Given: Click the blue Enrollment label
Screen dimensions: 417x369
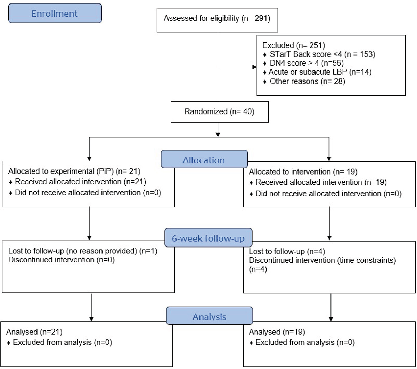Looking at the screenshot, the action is pos(55,13).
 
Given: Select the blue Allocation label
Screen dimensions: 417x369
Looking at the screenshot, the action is pos(204,159).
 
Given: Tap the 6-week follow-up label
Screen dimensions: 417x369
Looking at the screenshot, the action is pos(208,238).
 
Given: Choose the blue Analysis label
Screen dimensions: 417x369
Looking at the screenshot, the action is pos(209,316).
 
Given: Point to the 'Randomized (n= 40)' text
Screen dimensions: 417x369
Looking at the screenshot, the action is pos(219,112).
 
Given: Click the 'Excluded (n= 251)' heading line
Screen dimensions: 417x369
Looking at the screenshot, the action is pos(294,45).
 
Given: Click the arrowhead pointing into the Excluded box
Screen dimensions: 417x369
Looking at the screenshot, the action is pos(255,67).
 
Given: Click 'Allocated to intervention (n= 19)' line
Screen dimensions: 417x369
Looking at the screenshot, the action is pos(303,172).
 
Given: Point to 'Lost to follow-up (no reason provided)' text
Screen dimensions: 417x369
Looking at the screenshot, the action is pos(73,251).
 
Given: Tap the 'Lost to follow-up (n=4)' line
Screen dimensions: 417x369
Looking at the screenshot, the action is pos(287,251).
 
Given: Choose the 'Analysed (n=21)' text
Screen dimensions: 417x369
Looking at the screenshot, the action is pos(34,332).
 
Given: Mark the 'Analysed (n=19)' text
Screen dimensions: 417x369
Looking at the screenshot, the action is pos(277,332).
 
